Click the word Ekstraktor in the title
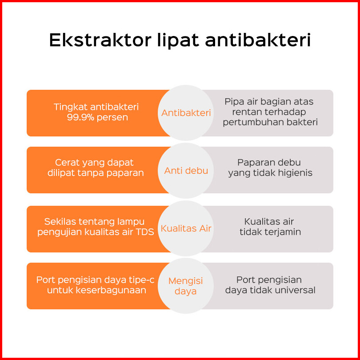click(x=100, y=40)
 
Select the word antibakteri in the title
click(x=258, y=40)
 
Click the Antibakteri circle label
click(x=186, y=113)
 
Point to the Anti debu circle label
click(x=186, y=171)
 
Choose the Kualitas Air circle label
click(x=186, y=228)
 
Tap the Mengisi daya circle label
click(x=185, y=286)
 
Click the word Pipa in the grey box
click(x=233, y=102)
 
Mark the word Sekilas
click(x=60, y=222)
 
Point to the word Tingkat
click(x=70, y=107)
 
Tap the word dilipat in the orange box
click(x=61, y=173)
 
